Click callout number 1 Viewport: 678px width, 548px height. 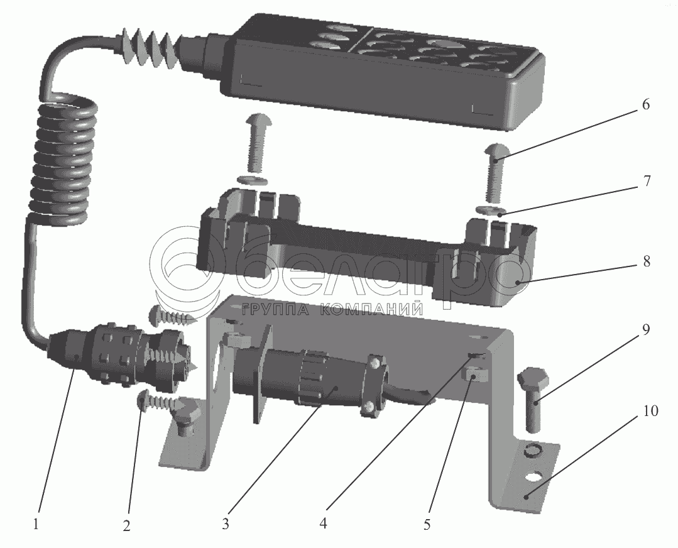pos(36,525)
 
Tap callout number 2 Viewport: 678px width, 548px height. pos(126,526)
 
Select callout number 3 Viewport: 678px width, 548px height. pos(226,524)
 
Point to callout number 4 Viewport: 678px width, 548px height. pos(323,523)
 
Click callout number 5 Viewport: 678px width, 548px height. pos(427,524)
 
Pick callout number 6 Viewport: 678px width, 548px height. pos(645,105)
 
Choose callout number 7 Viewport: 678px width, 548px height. pos(647,181)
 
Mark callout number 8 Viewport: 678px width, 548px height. pos(647,261)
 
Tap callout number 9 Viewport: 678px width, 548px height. pos(645,330)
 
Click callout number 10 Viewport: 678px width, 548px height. pos(650,410)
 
